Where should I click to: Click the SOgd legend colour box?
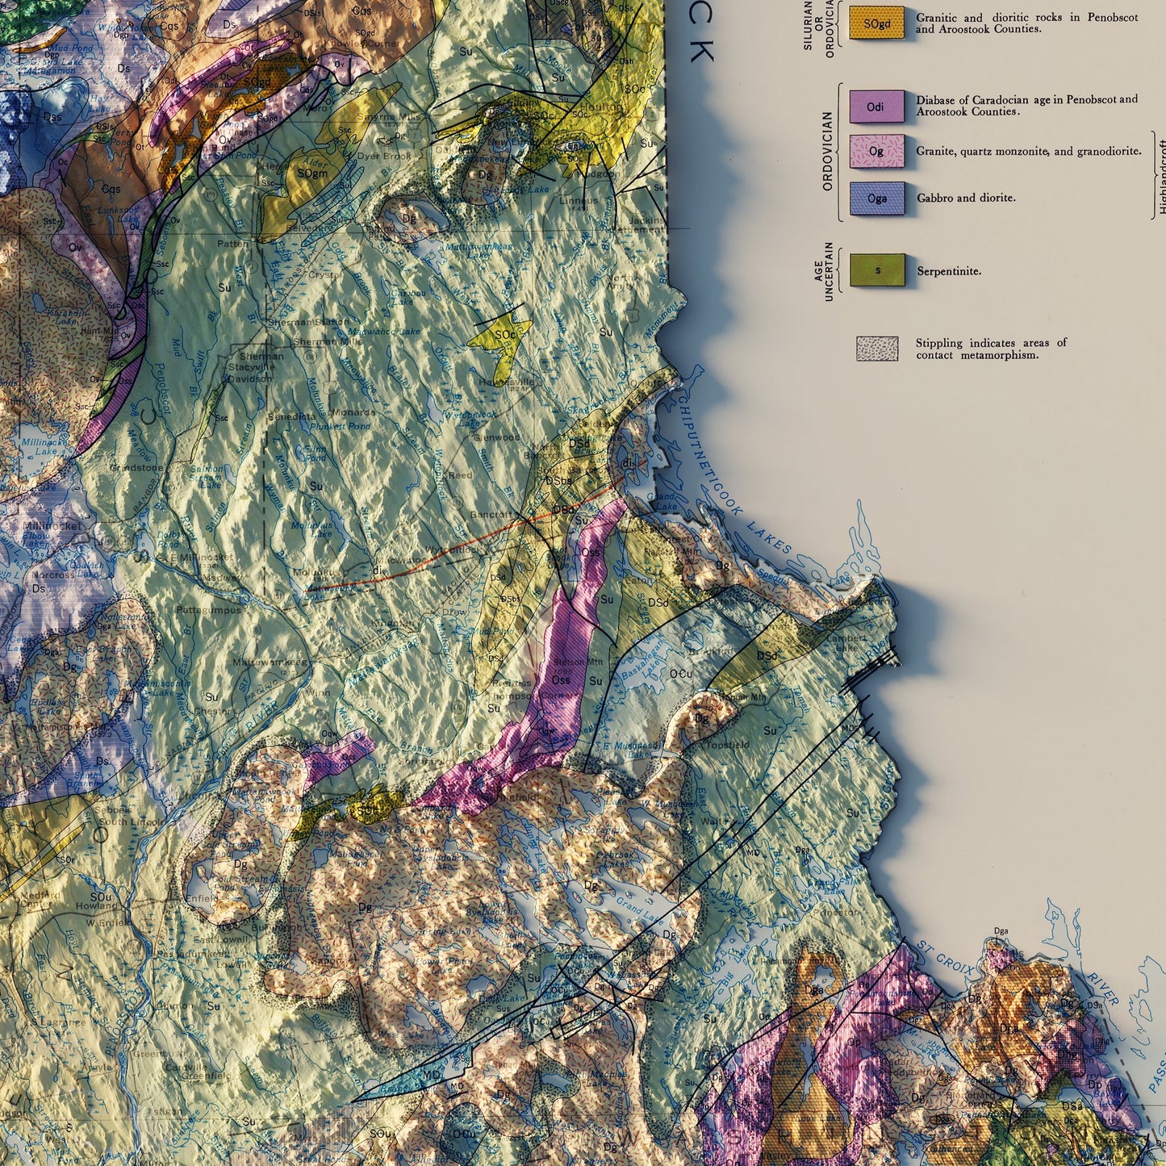(876, 23)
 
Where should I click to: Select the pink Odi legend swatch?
(876, 107)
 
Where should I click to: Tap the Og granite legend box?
(876, 152)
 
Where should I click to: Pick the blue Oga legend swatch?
(876, 199)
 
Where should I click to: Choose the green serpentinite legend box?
(877, 270)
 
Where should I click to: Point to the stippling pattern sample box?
(877, 349)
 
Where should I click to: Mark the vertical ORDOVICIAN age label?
(827, 152)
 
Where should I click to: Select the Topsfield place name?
(728, 745)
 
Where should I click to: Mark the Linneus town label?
(601, 200)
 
